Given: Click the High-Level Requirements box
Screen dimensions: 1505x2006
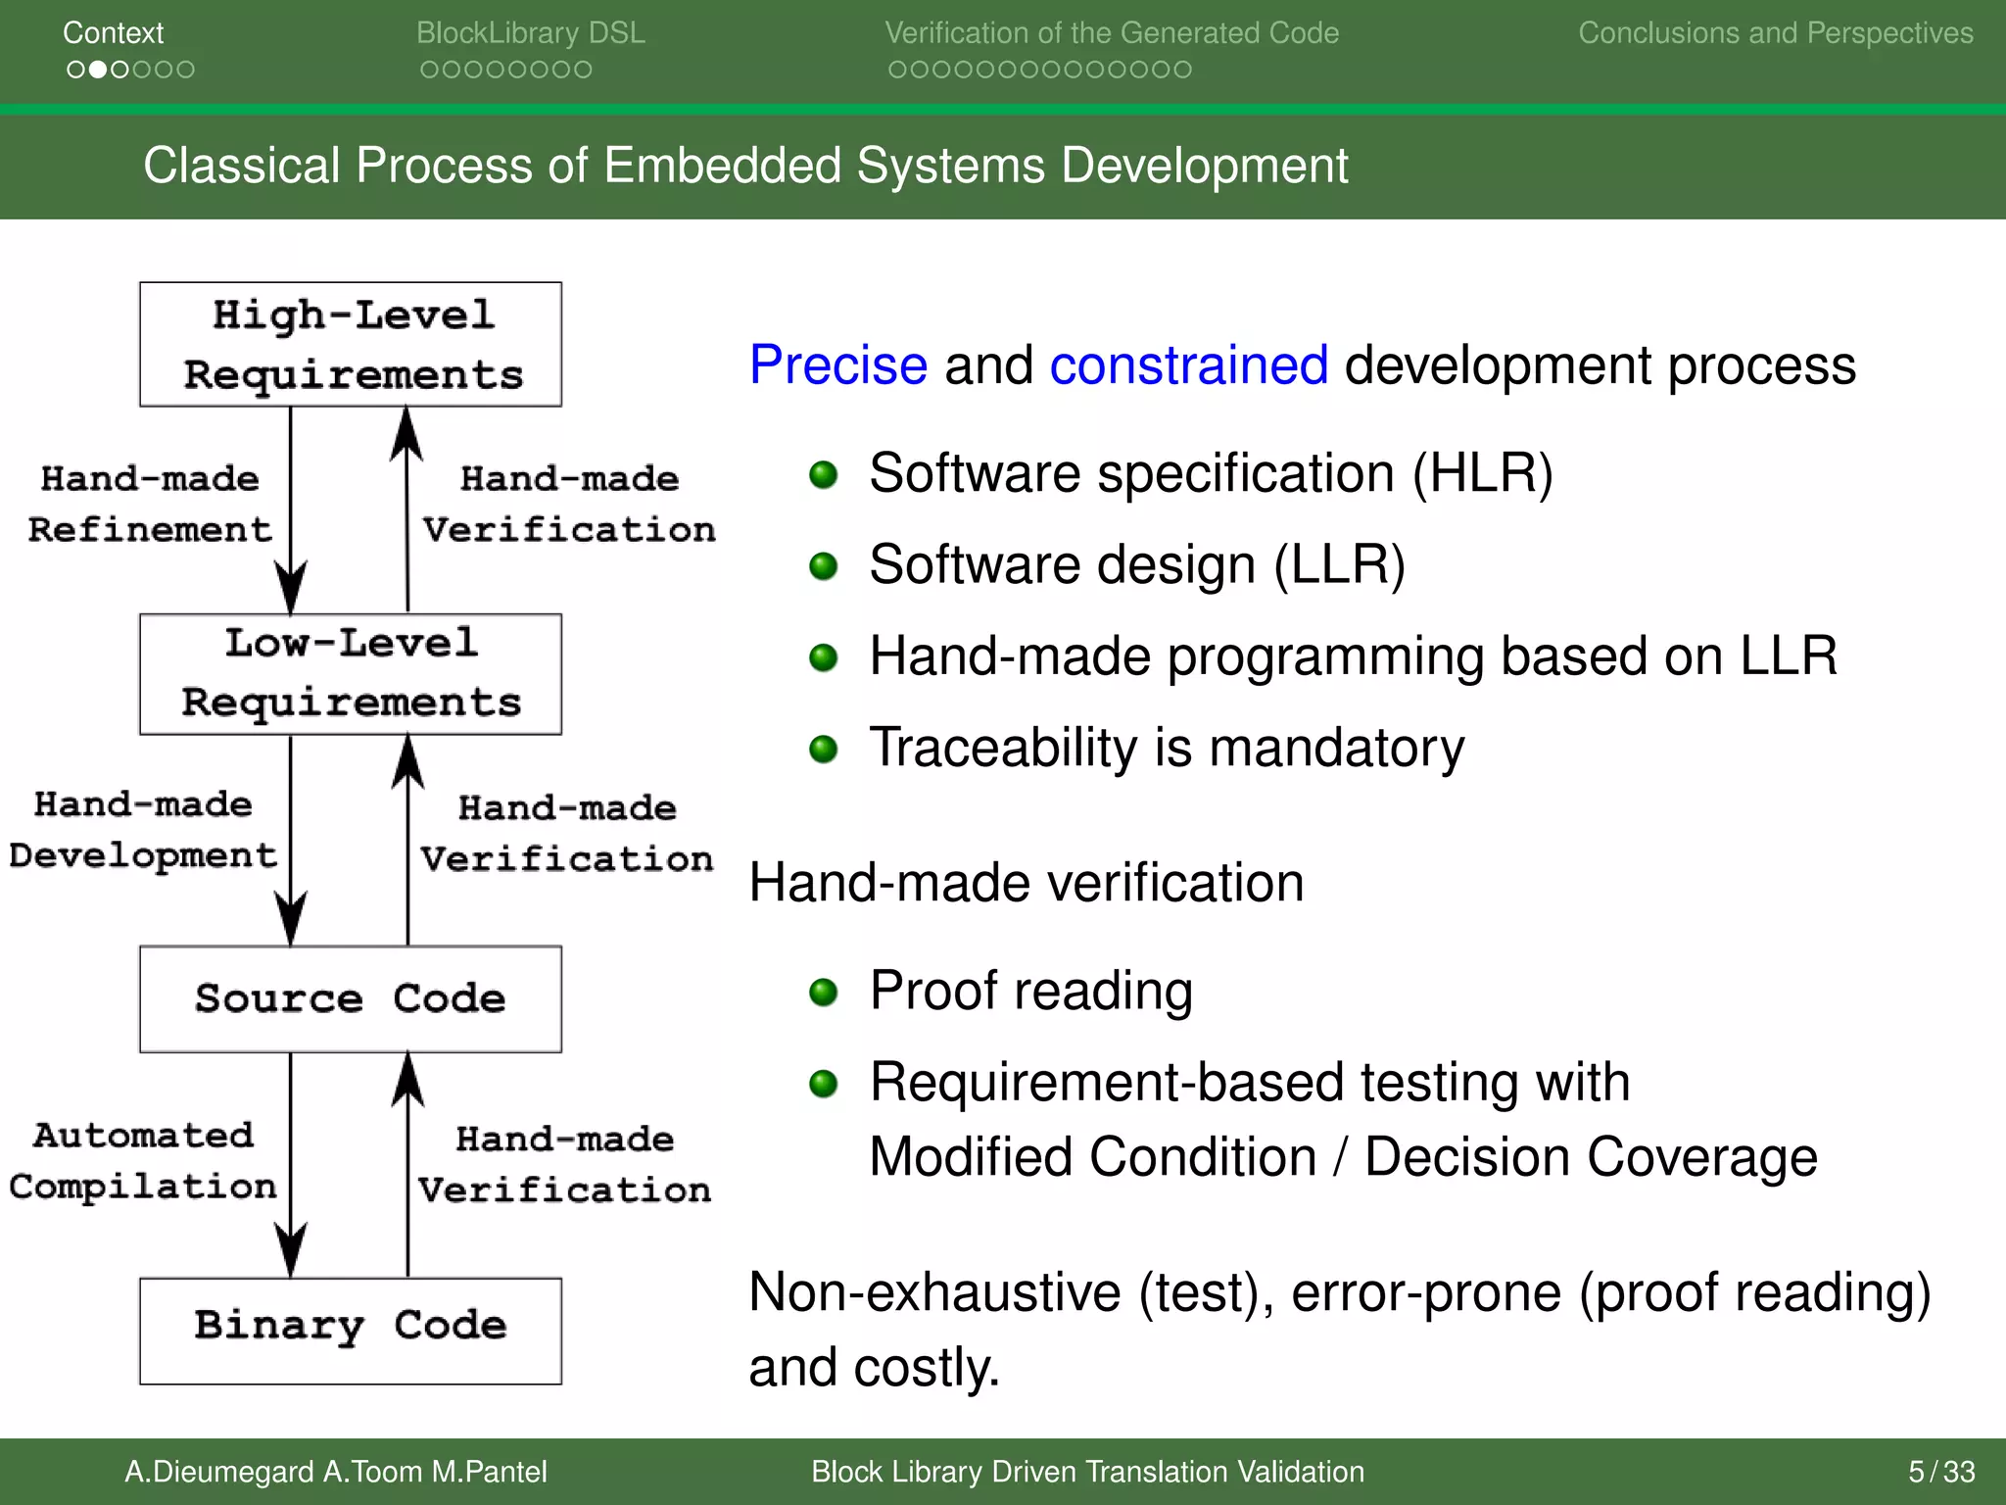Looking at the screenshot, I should (x=351, y=344).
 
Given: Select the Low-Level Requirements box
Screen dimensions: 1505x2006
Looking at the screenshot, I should (x=351, y=674).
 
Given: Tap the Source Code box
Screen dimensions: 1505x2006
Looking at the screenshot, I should (x=351, y=998).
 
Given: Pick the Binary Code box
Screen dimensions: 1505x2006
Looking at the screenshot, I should (x=351, y=1330).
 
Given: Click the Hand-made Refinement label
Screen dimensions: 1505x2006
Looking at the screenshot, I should (x=149, y=504).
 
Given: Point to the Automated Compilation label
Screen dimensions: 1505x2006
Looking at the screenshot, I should (x=143, y=1160).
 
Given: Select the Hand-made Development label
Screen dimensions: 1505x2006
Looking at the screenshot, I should (x=143, y=830).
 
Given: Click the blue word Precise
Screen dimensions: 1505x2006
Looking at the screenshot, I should (x=837, y=365).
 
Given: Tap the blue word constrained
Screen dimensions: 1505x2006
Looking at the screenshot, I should (x=1188, y=365).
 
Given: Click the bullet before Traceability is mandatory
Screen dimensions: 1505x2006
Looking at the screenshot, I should (x=823, y=750).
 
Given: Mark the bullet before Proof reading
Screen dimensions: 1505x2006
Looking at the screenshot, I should (x=823, y=993).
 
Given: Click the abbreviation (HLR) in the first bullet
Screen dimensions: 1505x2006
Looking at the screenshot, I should (x=1482, y=474).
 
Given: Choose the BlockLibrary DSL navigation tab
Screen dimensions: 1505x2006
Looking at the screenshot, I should (x=530, y=33).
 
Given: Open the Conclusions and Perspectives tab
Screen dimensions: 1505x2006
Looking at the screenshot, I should (x=1775, y=33).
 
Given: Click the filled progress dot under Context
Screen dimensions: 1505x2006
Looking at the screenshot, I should (x=97, y=70).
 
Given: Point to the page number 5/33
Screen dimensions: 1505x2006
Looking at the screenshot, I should (x=1940, y=1472).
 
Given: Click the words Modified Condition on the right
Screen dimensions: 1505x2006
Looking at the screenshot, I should (x=1092, y=1157).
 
